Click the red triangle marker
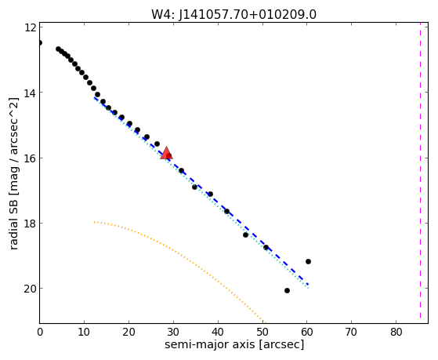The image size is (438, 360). point(166,153)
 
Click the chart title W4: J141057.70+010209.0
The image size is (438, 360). point(233,15)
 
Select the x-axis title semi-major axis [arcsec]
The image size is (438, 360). point(234,344)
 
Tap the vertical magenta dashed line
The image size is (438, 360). point(420,173)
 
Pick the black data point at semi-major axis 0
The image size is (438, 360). point(40,43)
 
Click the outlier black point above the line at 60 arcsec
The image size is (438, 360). point(308,261)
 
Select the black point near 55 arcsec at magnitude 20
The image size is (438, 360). point(287,291)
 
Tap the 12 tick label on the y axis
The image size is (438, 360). point(30,27)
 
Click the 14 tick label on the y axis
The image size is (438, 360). point(30,93)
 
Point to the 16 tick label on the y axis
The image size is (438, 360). point(30,158)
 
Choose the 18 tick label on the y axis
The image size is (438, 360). point(30,224)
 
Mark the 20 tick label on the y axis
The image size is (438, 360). point(30,289)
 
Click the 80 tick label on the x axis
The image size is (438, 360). point(396,332)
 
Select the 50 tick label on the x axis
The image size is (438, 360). point(262,332)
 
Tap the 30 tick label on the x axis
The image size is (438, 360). point(173,332)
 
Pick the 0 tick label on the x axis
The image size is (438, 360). point(40,332)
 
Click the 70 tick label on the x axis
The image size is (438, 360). point(351,332)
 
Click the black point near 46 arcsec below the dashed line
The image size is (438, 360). point(245,235)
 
